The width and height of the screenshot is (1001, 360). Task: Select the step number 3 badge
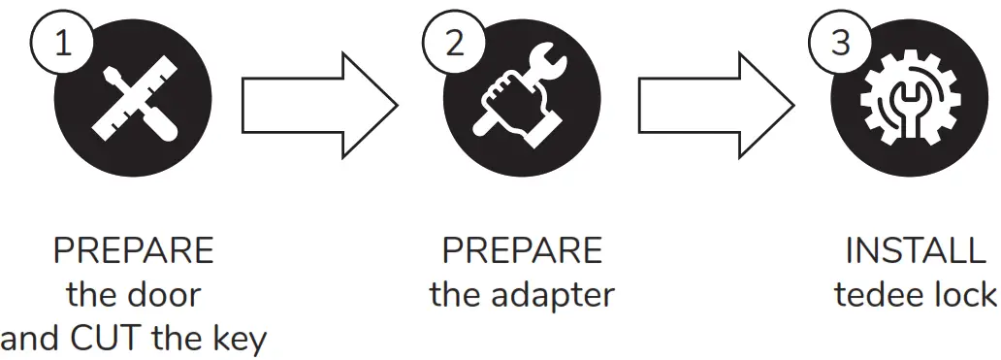[x=841, y=45]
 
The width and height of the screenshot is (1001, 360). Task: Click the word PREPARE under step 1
[x=133, y=251]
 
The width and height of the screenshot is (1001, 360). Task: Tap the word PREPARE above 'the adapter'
[x=522, y=251]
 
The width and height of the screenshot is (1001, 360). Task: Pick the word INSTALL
[x=915, y=251]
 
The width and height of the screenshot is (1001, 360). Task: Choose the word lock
[x=966, y=295]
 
